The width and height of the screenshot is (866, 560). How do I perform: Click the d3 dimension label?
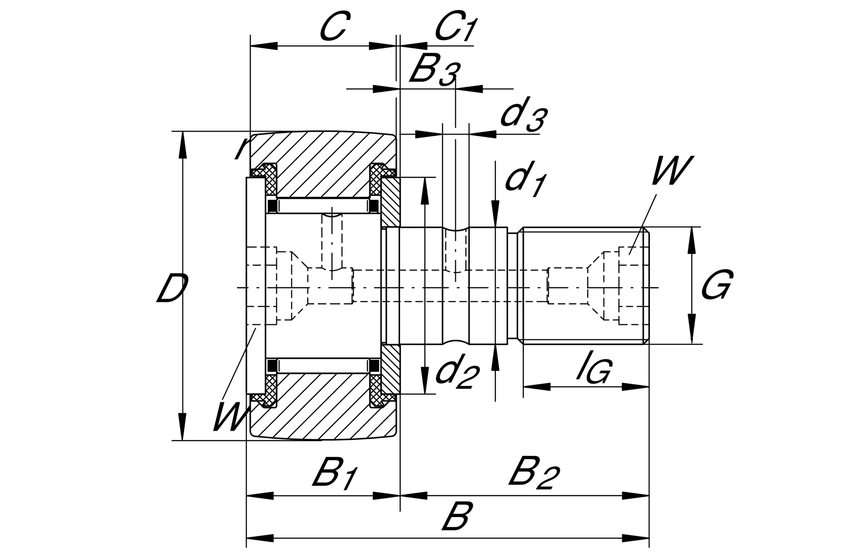pos(523,116)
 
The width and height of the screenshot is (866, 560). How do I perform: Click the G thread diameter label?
pos(717,284)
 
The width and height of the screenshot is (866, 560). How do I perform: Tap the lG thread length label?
pos(593,369)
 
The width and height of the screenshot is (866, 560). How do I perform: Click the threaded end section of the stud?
pos(584,285)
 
